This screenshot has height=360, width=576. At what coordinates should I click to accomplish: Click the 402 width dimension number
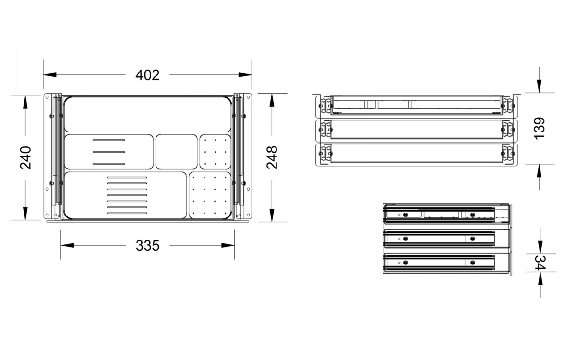(147, 75)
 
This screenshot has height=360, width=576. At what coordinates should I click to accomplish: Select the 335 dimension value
(148, 246)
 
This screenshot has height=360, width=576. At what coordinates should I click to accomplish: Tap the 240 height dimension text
(25, 157)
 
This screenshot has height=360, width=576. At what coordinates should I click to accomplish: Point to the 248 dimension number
(272, 157)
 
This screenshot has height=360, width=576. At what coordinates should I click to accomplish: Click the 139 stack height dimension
(539, 129)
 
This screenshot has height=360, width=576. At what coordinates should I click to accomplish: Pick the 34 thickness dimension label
(540, 263)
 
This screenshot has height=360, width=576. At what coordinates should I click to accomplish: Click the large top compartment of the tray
(148, 114)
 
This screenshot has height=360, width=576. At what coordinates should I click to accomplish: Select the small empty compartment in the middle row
(177, 152)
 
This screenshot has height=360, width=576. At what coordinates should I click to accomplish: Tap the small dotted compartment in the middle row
(215, 152)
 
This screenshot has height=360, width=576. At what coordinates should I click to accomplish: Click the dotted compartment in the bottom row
(210, 195)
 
